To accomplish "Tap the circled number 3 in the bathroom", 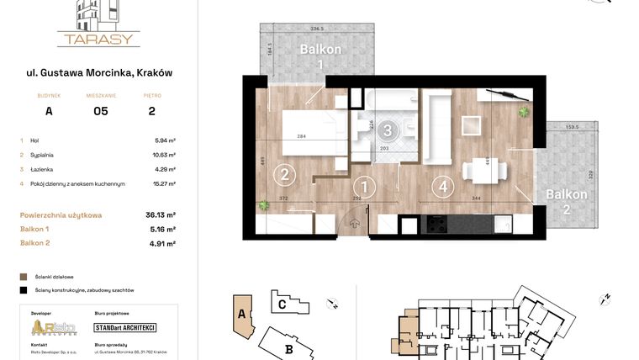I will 387,130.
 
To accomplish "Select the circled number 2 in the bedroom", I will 285,174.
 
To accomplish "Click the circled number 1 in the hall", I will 363,187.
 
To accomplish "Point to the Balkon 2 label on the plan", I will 566,200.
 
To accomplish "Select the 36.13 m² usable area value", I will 160,215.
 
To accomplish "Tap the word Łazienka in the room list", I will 43,169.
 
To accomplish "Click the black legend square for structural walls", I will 23,289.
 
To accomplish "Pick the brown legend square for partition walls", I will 23,276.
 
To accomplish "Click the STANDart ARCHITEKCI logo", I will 125,327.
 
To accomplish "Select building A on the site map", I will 242,314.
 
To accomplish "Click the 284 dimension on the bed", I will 299,136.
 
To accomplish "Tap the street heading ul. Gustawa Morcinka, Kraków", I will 98,73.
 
